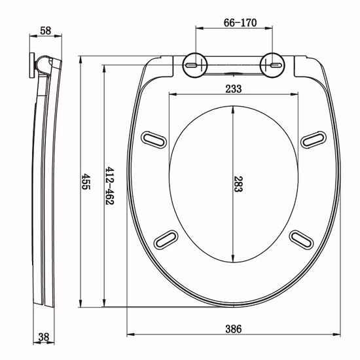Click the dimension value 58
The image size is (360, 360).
[x=45, y=30]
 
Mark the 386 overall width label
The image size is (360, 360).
[x=234, y=329]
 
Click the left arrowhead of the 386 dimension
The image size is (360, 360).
[x=128, y=337]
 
